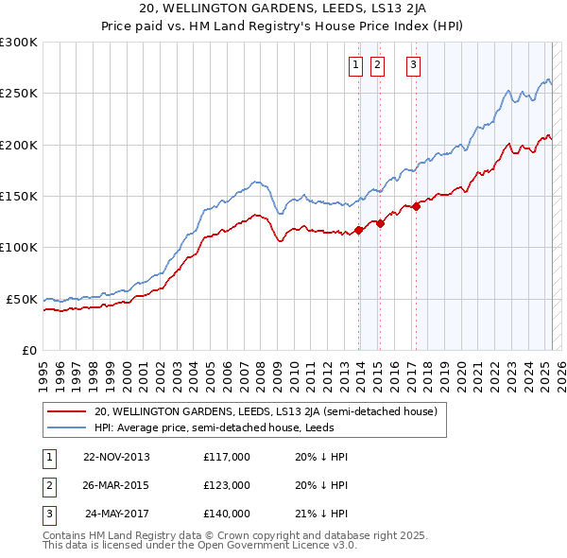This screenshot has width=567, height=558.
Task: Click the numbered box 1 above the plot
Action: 355,65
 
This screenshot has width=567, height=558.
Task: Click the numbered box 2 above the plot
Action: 377,65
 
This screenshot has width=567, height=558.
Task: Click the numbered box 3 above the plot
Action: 414,65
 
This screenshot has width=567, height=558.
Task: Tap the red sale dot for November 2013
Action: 359,229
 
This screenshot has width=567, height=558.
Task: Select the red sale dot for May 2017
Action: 416,206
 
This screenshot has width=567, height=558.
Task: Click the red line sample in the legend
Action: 66,412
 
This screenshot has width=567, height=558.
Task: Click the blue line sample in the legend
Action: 66,427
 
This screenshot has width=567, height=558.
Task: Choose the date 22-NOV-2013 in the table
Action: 116,457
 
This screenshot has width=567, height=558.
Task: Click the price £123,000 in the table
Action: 227,485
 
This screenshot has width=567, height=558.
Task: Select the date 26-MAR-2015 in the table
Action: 116,485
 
